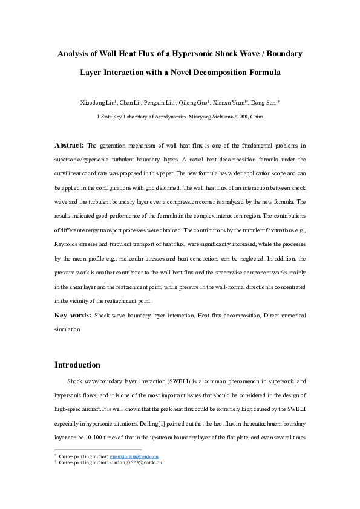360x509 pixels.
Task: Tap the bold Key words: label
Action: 73,316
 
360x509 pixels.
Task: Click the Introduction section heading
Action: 77,365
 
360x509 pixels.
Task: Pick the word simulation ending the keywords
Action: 67,331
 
